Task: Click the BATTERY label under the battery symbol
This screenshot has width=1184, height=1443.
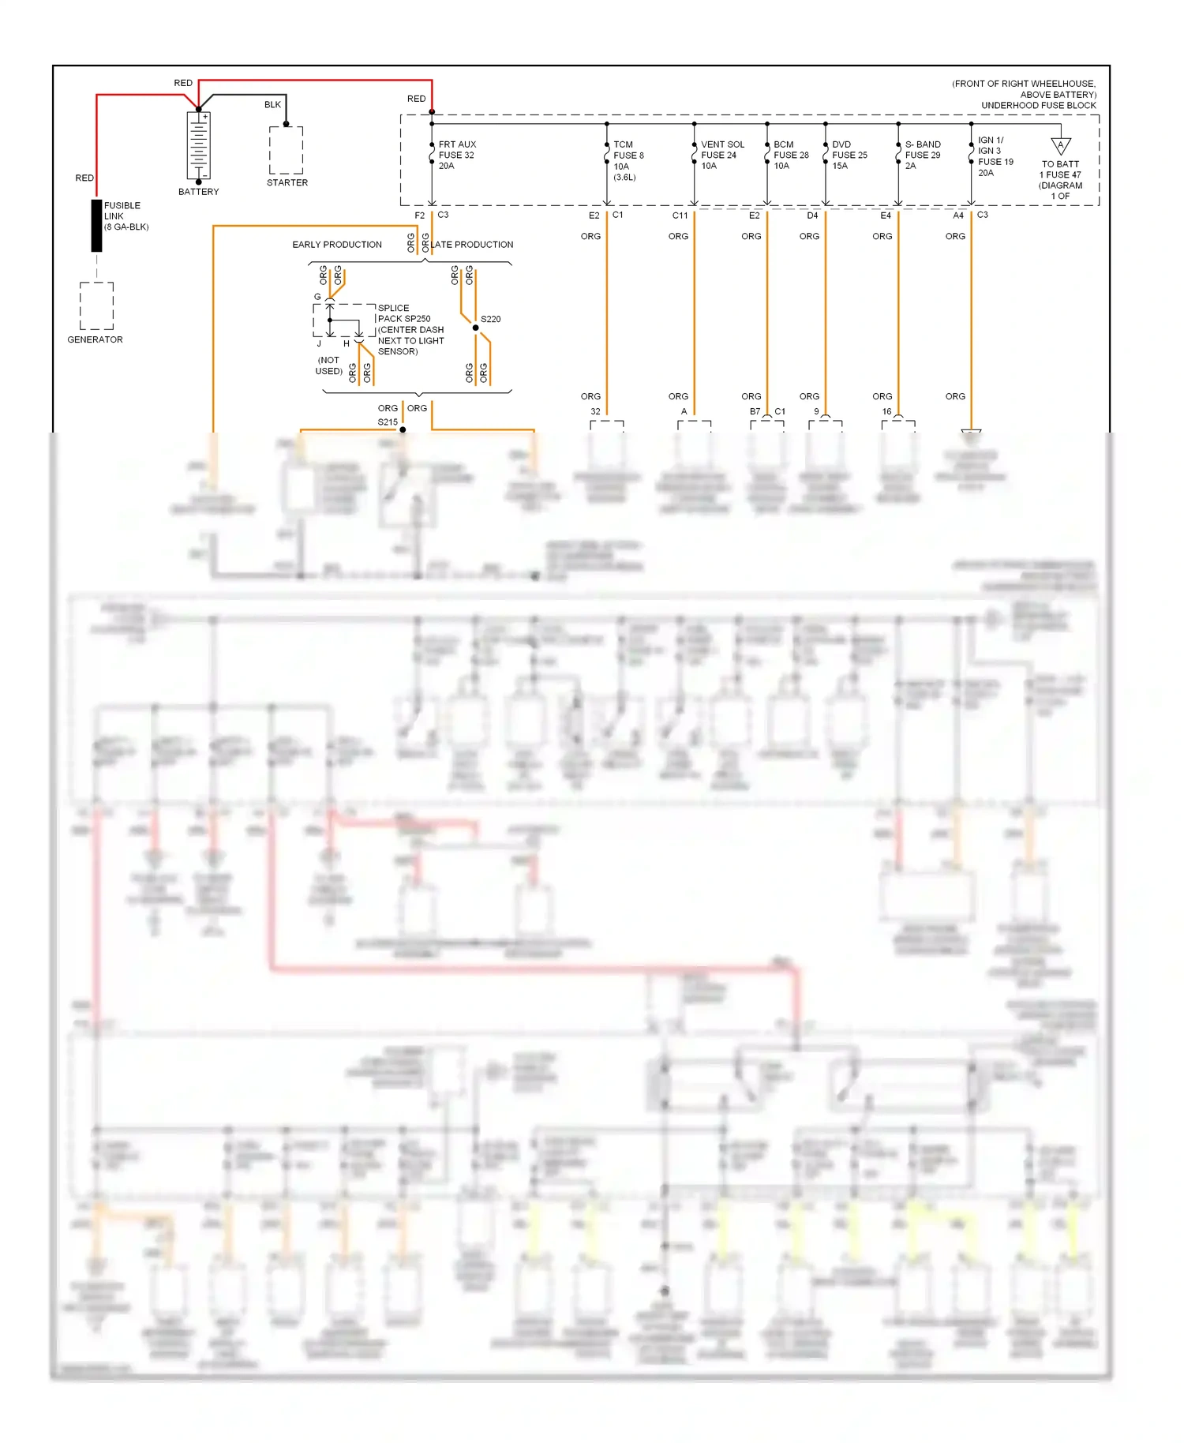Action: click(x=198, y=192)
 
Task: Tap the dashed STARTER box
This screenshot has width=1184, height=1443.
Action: click(x=286, y=150)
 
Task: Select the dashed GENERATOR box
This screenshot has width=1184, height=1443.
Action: click(x=96, y=305)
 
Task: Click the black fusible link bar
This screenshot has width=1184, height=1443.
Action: click(x=96, y=226)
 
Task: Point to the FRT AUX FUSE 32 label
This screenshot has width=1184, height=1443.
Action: click(x=457, y=155)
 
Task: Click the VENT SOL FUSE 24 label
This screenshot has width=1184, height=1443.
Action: click(x=721, y=155)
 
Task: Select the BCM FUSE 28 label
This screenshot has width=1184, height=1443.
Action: click(x=791, y=155)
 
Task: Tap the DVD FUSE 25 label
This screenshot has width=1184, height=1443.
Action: click(x=849, y=155)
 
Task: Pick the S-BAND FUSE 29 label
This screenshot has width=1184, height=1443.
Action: click(x=922, y=155)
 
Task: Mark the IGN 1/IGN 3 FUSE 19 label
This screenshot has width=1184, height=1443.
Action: click(x=995, y=156)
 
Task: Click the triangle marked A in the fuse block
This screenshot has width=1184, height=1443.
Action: click(x=1061, y=146)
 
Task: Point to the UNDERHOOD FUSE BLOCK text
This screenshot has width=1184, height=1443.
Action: click(x=1038, y=106)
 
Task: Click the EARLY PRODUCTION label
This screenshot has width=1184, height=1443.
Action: click(x=337, y=245)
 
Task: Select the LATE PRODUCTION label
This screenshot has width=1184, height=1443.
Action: click(x=472, y=245)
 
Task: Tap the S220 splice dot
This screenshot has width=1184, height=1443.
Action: click(x=475, y=328)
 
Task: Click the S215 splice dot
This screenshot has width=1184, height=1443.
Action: click(x=403, y=429)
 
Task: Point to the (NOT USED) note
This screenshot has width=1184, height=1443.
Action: click(x=328, y=365)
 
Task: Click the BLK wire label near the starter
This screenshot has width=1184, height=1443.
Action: click(x=272, y=105)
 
